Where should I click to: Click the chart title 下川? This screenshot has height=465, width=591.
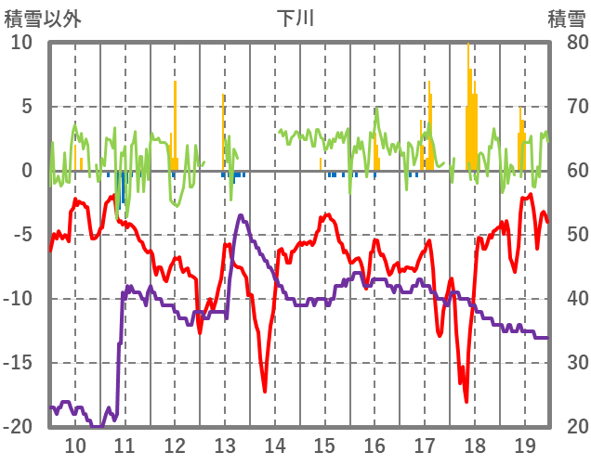point(295,18)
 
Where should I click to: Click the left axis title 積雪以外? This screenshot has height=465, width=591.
point(43,18)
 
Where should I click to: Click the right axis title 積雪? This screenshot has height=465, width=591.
point(565,18)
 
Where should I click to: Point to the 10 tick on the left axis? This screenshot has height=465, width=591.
point(21,43)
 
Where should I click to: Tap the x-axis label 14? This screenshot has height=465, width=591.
point(274,445)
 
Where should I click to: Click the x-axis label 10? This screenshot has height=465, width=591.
point(74,445)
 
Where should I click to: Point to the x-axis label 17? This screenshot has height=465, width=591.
point(425,445)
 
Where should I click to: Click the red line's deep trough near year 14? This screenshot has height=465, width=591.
point(265,391)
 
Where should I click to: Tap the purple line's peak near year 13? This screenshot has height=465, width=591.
point(242,216)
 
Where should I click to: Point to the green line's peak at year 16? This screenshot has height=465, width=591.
point(376,110)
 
